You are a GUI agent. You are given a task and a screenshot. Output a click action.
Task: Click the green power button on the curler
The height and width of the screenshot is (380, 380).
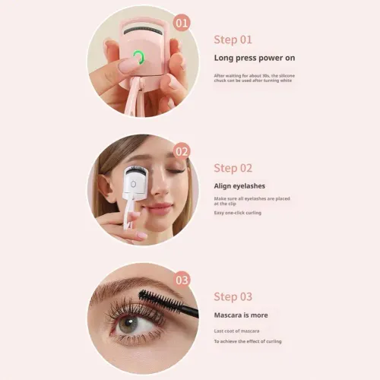coord(139,57)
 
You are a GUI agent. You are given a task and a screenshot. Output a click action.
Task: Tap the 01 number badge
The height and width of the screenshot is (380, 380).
coord(182,22)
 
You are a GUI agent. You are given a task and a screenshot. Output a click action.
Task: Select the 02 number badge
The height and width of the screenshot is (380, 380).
coord(182,150)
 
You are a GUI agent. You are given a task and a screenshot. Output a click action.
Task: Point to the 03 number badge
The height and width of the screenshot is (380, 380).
coord(182,280)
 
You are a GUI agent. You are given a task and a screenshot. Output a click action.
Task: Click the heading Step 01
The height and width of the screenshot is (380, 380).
coord(233,40)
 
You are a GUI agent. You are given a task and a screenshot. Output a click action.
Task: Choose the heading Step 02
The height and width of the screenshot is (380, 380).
coord(233,168)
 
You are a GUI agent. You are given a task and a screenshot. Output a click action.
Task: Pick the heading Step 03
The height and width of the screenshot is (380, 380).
coord(233,296)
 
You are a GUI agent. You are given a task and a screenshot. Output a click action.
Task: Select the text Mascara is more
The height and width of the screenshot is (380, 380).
coord(240,315)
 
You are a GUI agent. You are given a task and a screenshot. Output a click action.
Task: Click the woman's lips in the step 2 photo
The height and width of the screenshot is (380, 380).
coord(158,207)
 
